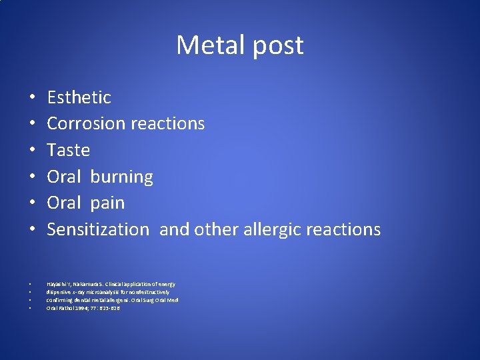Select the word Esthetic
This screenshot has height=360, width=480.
point(79,97)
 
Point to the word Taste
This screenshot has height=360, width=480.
point(68,150)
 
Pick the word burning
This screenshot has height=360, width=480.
point(121,177)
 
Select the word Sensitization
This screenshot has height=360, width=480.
point(98,229)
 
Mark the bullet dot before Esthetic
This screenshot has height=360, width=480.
point(32,98)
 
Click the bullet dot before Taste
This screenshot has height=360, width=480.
point(32,151)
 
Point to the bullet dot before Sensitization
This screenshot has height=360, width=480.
point(32,230)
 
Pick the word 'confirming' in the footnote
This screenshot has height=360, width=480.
point(60,300)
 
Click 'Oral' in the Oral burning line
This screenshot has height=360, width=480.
point(63,177)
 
